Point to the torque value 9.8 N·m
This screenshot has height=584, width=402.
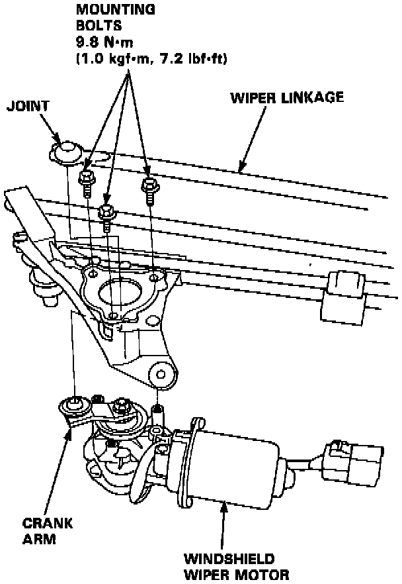104,40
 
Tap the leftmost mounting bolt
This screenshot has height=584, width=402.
85,179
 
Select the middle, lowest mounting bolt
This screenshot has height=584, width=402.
106,214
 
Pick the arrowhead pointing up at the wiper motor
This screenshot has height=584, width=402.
223,507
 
